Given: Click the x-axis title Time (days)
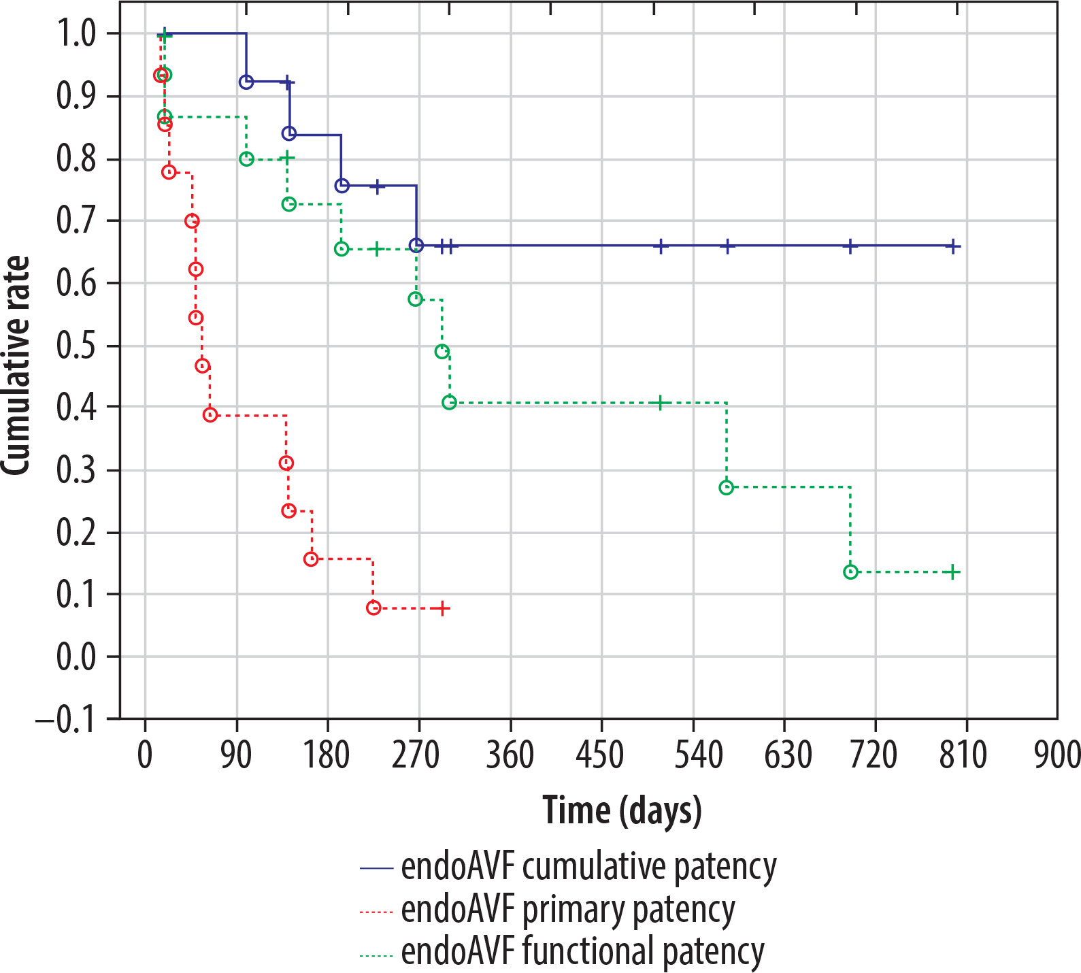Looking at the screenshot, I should [x=622, y=810].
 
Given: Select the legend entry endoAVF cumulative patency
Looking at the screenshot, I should [x=588, y=868].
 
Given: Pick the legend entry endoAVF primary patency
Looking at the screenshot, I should [x=568, y=910].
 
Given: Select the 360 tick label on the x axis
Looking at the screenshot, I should [x=510, y=755].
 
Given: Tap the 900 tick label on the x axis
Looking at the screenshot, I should [x=1057, y=755].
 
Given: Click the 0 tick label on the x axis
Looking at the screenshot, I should [x=145, y=755].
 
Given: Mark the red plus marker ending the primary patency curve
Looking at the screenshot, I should [x=442, y=608].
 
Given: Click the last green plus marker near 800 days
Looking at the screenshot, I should [x=953, y=572].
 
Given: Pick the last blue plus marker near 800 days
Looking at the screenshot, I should [x=953, y=246].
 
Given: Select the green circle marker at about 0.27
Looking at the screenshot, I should [x=726, y=487].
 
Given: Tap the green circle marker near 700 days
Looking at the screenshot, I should [x=850, y=572].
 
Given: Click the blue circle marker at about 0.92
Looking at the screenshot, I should [x=246, y=82].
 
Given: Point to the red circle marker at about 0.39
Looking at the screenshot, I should [x=210, y=414].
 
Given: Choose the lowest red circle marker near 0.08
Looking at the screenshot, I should [x=373, y=608].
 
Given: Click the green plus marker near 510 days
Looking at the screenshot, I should [x=659, y=403].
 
